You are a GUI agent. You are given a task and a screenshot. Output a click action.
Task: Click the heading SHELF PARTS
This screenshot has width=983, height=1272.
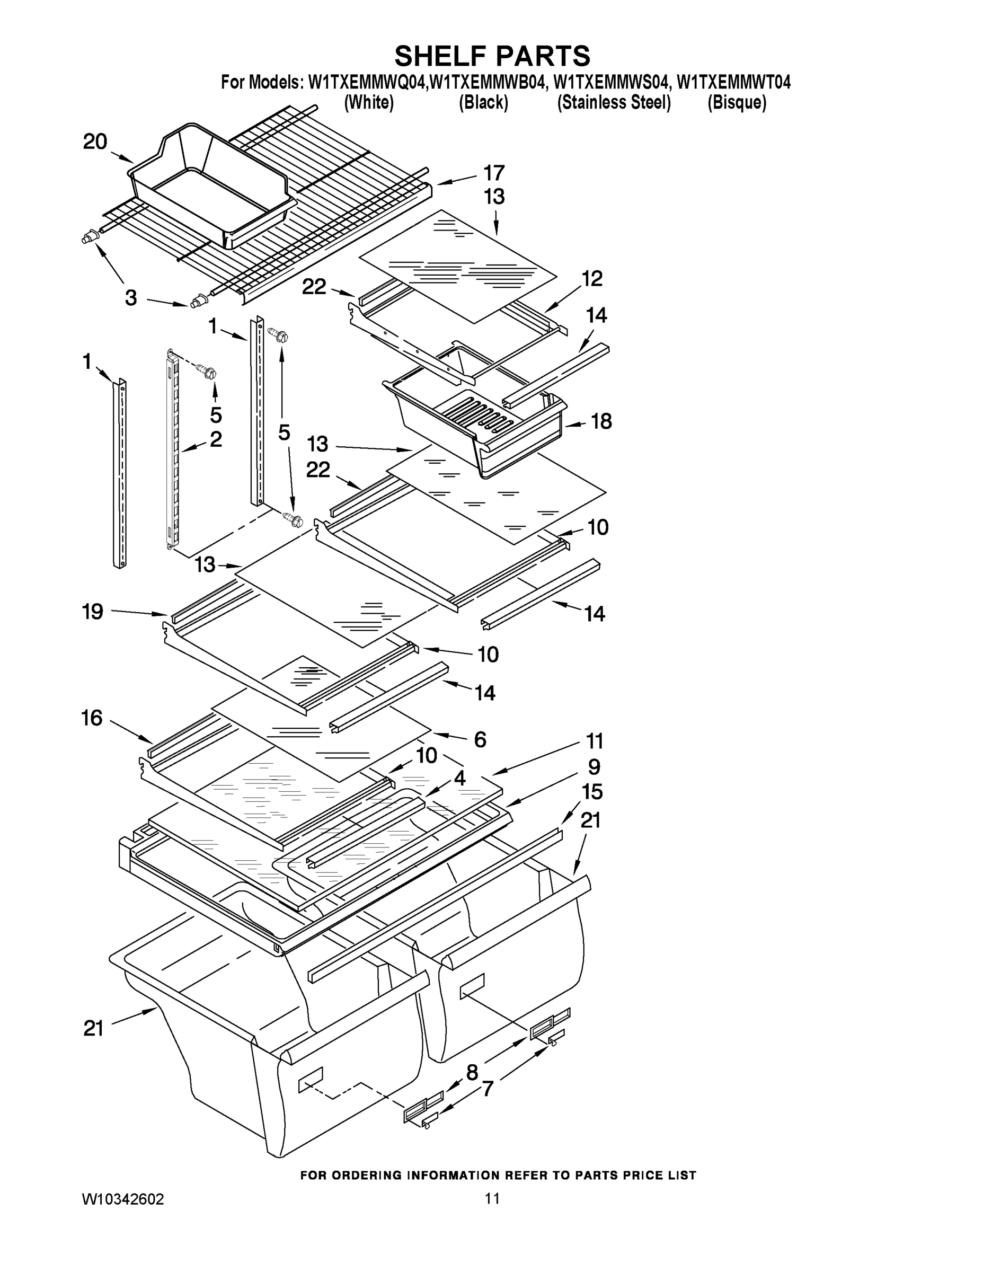click(492, 57)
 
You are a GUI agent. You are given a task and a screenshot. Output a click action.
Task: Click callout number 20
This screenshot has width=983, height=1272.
click(95, 142)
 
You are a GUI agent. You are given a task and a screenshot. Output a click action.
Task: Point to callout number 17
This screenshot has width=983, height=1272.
click(494, 173)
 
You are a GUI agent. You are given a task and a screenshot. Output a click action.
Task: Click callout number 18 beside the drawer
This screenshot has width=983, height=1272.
click(601, 422)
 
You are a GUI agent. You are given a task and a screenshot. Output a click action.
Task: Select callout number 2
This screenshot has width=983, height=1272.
click(216, 440)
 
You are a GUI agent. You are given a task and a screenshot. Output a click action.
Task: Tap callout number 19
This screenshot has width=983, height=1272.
click(93, 612)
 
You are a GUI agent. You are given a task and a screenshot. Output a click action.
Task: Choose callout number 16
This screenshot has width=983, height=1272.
click(92, 718)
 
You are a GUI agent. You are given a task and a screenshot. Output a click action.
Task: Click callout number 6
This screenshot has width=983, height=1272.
click(480, 740)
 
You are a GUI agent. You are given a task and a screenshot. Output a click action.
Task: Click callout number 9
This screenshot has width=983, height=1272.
click(594, 767)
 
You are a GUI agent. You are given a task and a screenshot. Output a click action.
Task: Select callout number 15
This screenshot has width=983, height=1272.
click(592, 792)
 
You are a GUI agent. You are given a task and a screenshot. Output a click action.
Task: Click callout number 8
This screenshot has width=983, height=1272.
click(472, 1072)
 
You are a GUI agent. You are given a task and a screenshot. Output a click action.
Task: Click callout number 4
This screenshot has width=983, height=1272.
click(459, 778)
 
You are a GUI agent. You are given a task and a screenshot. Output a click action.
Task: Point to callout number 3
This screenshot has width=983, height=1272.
click(131, 298)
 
